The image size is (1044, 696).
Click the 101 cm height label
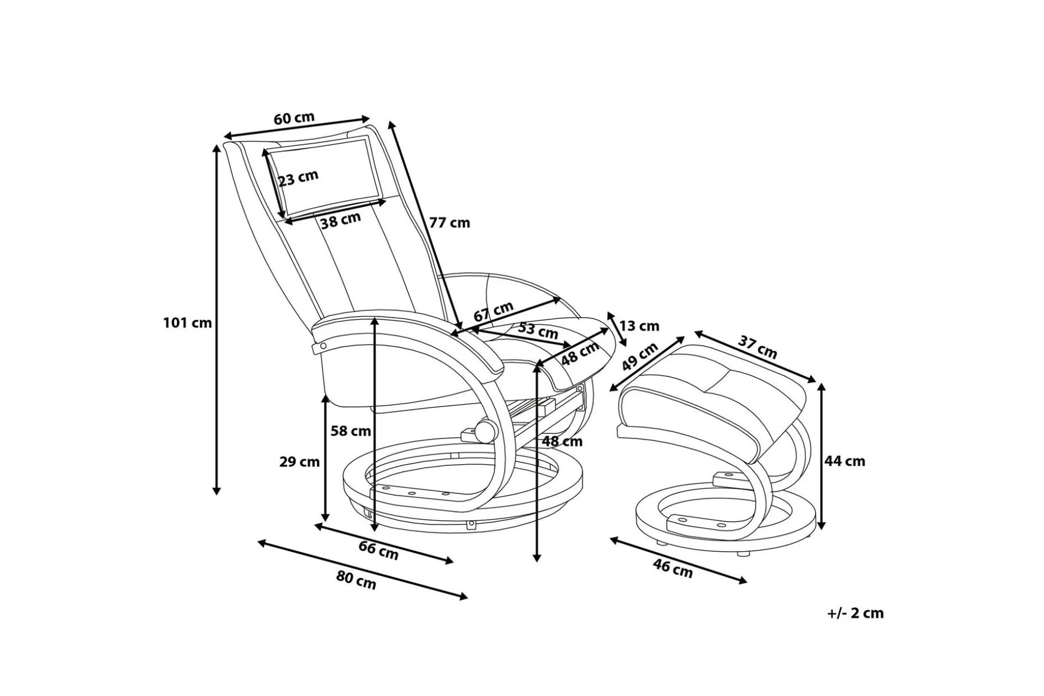coord(187,323)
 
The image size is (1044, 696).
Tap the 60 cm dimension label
coord(294,118)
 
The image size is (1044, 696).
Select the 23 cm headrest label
coord(299,178)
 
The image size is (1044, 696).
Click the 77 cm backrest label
coord(450,223)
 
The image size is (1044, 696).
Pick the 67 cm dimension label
coord(493,311)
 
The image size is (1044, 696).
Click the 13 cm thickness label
coord(639,326)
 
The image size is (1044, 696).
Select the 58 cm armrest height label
coord(350,431)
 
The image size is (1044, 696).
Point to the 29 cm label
coord(299,462)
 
